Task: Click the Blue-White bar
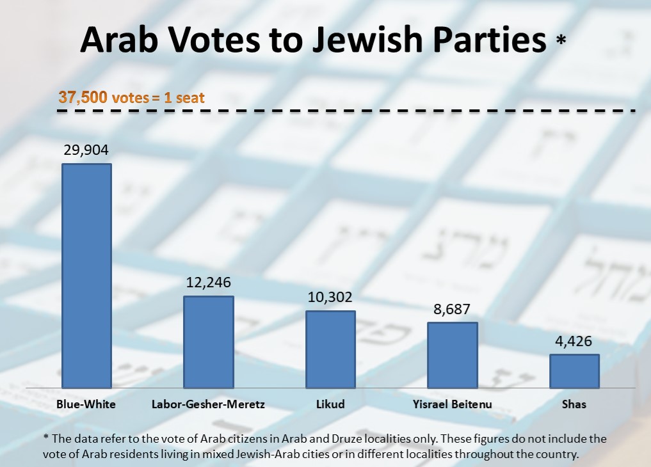tap(86, 276)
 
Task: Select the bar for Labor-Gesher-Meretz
tap(209, 342)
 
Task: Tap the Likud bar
tap(330, 349)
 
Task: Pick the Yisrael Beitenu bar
tap(453, 355)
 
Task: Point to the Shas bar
tap(574, 371)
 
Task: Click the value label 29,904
tap(86, 151)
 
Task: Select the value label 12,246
tap(209, 283)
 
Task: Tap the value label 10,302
tap(330, 297)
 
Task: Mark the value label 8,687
tap(453, 310)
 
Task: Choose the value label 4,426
tap(574, 341)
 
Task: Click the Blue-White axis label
tap(86, 404)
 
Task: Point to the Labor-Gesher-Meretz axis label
tap(208, 404)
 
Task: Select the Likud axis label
tap(330, 404)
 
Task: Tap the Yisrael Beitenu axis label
tap(452, 404)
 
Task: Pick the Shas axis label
tap(574, 404)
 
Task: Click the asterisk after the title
tap(561, 40)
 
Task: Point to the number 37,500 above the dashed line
tap(83, 97)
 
